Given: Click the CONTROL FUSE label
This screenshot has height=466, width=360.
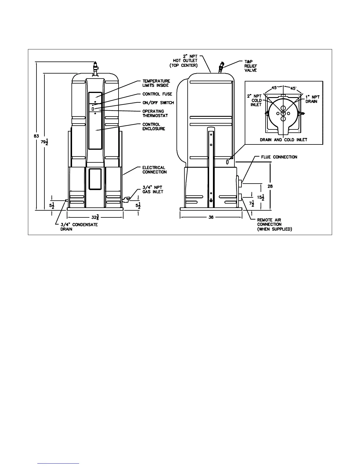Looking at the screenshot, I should (x=157, y=94).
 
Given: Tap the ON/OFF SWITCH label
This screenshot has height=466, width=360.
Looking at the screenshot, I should (x=158, y=103).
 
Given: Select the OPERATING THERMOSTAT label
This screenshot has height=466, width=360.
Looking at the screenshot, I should (x=155, y=114).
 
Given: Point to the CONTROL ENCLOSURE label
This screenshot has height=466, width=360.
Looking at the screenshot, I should (x=154, y=127).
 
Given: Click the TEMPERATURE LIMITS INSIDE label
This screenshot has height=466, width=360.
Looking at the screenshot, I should (x=156, y=83).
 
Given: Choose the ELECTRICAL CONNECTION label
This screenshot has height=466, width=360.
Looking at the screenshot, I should (x=154, y=170).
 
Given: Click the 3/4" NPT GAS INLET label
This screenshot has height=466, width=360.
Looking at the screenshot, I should (x=153, y=189).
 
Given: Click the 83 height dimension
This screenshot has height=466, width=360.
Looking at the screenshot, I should (x=36, y=136).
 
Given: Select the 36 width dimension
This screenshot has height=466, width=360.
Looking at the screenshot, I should (x=211, y=217).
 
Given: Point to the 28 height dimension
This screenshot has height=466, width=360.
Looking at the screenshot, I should (x=270, y=186).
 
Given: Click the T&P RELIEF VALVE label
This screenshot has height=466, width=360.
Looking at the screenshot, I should (x=251, y=66).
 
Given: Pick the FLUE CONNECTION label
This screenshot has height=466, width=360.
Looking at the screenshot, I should (x=279, y=157).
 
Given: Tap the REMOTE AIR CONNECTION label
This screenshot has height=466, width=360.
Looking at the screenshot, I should (x=274, y=224).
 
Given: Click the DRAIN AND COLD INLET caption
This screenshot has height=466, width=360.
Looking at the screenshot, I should (x=284, y=140).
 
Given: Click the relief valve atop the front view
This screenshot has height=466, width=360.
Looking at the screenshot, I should (x=95, y=68).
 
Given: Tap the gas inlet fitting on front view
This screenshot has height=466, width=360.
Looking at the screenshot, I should (x=126, y=200).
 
